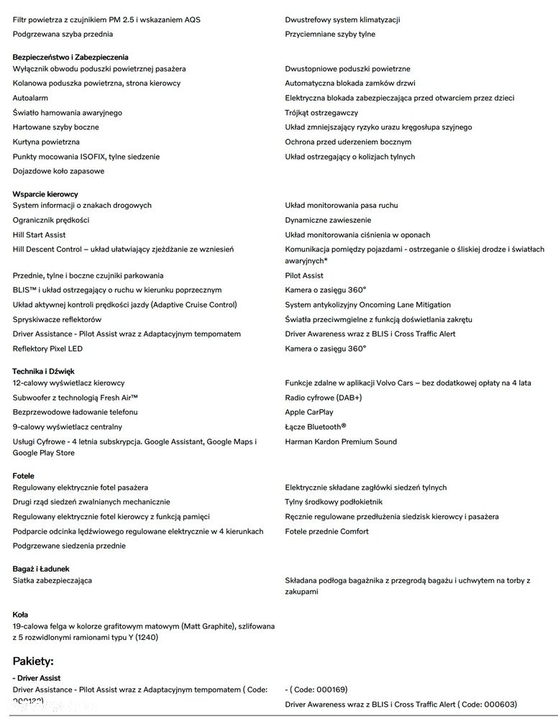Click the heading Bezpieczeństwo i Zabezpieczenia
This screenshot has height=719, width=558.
70,57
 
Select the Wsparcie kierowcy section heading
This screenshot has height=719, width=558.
45,194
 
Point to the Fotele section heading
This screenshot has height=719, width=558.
24,476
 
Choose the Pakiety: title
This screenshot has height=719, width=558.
33,661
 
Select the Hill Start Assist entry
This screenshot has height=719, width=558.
40,235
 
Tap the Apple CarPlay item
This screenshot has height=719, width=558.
309,412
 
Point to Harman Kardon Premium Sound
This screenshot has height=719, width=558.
341,441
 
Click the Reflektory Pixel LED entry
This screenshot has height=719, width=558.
48,349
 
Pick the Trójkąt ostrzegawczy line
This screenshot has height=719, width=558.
321,113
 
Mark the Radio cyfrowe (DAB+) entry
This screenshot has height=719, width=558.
323,398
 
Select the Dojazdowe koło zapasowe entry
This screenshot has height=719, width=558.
59,171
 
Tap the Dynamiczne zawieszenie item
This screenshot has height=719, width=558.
328,220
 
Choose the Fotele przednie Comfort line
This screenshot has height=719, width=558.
326,531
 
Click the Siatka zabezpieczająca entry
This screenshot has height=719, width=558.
52,580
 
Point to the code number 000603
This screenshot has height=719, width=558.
498,704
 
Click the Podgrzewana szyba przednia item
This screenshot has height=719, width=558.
63,34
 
